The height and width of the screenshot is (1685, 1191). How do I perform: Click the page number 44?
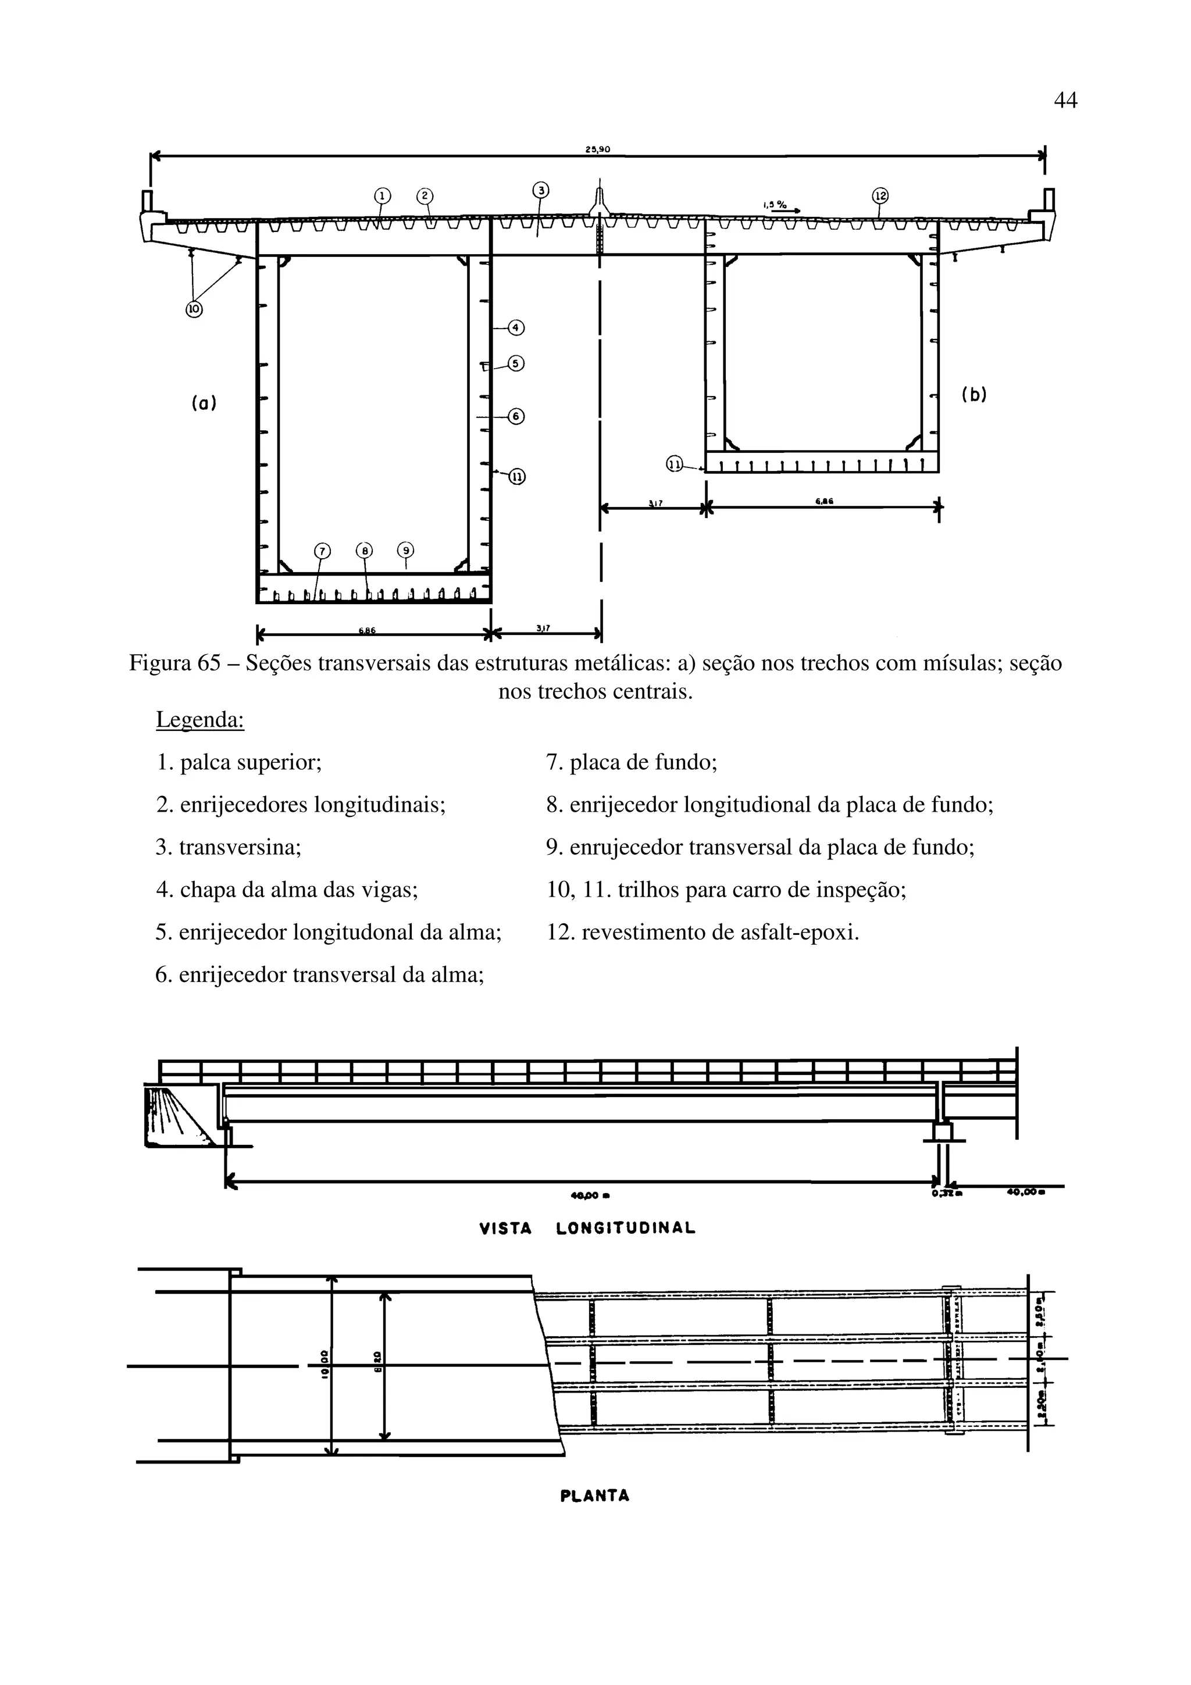1065,100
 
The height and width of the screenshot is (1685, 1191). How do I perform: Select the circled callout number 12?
880,195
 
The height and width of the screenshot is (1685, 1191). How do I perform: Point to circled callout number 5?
516,363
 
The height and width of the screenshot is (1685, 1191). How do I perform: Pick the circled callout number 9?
406,551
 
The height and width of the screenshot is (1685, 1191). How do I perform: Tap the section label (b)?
974,395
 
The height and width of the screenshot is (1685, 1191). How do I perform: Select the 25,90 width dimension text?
597,149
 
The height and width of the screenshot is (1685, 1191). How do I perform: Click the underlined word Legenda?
199,720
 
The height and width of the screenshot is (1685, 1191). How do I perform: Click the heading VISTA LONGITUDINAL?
587,1229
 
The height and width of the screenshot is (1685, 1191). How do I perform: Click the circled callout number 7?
322,551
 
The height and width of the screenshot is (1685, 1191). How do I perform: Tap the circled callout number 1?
381,196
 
